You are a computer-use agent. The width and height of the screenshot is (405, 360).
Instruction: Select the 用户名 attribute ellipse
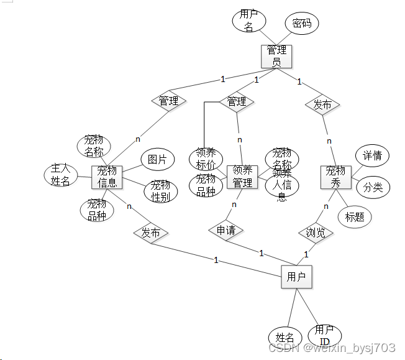[249, 21]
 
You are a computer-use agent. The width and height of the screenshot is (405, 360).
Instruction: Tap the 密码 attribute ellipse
[302, 24]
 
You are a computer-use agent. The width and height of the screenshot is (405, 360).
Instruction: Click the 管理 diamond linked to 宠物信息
[169, 101]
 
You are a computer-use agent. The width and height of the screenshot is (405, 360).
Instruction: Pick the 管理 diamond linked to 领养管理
[237, 101]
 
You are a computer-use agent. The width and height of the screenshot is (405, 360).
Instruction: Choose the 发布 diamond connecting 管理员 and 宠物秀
[322, 104]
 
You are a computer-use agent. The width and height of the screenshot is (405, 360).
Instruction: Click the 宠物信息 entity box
[107, 177]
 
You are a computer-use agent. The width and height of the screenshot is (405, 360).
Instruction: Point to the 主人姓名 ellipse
[61, 175]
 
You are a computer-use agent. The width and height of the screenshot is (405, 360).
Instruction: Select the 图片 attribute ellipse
[157, 160]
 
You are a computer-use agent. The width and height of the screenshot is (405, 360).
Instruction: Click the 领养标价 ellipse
[206, 159]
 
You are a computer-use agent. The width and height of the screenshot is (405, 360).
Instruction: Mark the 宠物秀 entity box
[336, 177]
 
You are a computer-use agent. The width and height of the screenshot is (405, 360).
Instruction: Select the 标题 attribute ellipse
[355, 216]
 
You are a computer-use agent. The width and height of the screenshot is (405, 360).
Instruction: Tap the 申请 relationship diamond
[225, 230]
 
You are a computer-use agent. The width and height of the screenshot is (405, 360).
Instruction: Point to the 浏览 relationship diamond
[316, 233]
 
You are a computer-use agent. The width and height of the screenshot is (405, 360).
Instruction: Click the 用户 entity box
[296, 277]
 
